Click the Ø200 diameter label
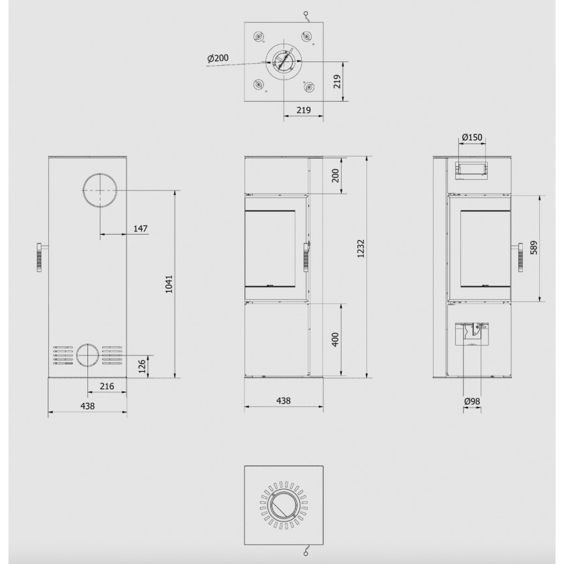pyautogui.click(x=218, y=57)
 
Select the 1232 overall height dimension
pyautogui.click(x=361, y=248)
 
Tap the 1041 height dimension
pyautogui.click(x=169, y=284)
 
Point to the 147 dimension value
pyautogui.click(x=141, y=228)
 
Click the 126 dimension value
pyautogui.click(x=142, y=366)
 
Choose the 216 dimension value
pyautogui.click(x=107, y=386)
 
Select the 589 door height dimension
pyautogui.click(x=533, y=248)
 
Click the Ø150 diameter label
pyautogui.click(x=472, y=137)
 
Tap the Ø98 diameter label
pyautogui.click(x=472, y=401)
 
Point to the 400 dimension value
pyautogui.click(x=335, y=340)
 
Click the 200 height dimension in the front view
pyautogui.click(x=335, y=175)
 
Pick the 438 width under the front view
pyautogui.click(x=284, y=400)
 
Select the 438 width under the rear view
pyautogui.click(x=87, y=406)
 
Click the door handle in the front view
pyautogui.click(x=306, y=257)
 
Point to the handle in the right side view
pyautogui.click(x=520, y=258)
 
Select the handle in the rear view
pyautogui.click(x=40, y=258)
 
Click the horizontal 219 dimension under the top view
pyautogui.click(x=304, y=110)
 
